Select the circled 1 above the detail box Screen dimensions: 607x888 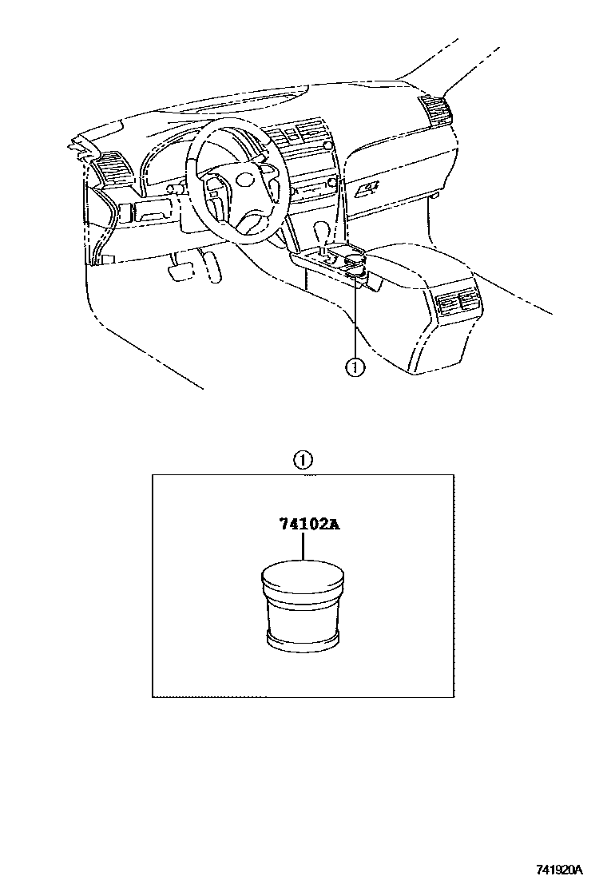[302, 460]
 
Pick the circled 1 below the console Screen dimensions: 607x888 [355, 367]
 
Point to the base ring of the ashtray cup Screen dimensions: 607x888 [303, 638]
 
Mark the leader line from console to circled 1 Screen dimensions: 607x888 [355, 319]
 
